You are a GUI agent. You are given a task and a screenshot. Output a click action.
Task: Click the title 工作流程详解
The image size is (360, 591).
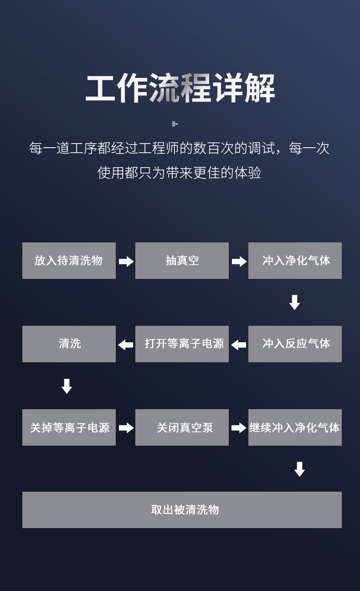(180, 88)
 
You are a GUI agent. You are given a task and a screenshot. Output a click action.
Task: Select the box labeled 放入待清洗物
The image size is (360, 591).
(69, 261)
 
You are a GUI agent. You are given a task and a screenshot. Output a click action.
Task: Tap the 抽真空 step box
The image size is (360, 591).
(182, 261)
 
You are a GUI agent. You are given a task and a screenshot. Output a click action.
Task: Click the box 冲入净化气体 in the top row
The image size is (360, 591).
(295, 261)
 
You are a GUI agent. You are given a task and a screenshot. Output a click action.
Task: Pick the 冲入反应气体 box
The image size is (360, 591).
(295, 344)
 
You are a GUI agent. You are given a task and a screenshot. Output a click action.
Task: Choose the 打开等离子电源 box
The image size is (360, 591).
(182, 344)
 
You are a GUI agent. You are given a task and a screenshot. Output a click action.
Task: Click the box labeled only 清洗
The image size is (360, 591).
(69, 344)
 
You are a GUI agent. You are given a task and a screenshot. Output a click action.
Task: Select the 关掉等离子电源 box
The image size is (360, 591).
(69, 427)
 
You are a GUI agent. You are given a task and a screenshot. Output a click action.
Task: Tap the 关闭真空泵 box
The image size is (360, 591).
(182, 427)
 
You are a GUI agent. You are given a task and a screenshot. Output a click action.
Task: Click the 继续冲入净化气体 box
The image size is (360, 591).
(295, 427)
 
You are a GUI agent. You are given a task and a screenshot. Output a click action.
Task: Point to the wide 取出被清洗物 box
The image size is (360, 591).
(182, 510)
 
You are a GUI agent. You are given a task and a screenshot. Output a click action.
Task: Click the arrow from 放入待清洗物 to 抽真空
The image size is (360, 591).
(126, 262)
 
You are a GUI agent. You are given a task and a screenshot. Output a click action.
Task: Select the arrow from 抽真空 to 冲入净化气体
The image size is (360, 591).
(239, 262)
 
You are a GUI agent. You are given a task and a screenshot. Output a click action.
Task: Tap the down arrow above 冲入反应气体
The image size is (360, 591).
(294, 303)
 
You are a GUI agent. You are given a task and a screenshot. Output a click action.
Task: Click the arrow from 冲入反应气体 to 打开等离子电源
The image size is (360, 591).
(239, 345)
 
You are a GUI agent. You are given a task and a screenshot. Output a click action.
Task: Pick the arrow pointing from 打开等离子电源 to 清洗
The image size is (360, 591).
(126, 345)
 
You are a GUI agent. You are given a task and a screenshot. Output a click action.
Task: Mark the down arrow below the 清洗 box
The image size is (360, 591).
(67, 386)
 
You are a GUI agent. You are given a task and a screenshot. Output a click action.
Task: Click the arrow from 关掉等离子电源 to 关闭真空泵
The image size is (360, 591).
(126, 428)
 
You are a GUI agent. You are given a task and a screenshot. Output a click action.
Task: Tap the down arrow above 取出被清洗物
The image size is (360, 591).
(299, 469)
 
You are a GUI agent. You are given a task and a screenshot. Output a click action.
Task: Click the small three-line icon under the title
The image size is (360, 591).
(175, 124)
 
